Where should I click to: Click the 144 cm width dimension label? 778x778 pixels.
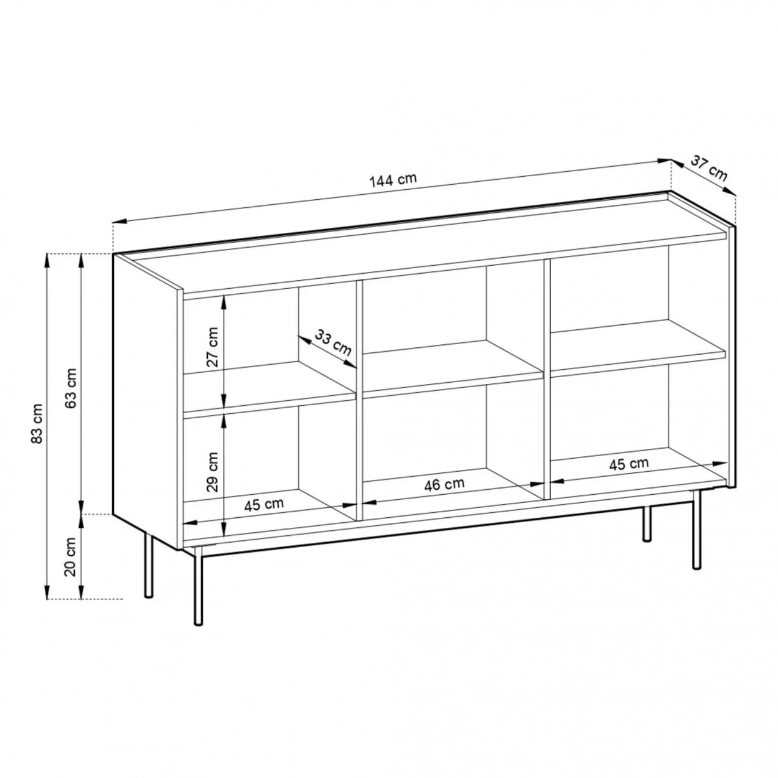pos(393,180)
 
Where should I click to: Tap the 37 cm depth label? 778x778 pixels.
pos(709,168)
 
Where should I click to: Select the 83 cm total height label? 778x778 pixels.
pos(37,423)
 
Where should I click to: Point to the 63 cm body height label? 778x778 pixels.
pos(71,388)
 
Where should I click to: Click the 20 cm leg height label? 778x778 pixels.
pos(71,557)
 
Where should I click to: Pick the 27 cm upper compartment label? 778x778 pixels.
pos(212,347)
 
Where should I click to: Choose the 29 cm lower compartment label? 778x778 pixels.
pos(212,471)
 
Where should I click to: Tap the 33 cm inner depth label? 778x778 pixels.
pos(333,343)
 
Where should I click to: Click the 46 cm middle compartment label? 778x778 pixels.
pos(444,484)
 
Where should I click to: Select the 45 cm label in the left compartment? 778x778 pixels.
pos(264,505)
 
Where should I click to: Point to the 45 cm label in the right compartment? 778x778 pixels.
pos(629,464)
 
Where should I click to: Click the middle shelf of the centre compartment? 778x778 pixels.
pos(453,367)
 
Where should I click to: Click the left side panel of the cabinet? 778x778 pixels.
pos(146,400)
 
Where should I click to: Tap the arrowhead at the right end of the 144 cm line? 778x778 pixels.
pos(663,161)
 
